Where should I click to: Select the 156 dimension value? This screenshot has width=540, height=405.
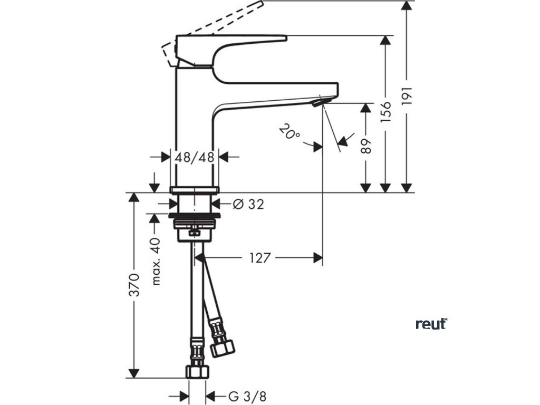coord(387,112)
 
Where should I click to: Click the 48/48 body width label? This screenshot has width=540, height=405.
coord(195,157)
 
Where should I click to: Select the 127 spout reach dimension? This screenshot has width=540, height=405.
coord(260,258)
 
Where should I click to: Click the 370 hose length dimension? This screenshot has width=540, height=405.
coord(134,285)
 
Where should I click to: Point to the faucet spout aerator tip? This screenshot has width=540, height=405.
coord(320,102)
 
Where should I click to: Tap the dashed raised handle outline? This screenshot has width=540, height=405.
coord(216,21)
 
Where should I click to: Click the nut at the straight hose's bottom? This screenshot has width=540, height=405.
coord(196,370)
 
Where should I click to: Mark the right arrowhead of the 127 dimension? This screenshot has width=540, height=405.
coord(317,258)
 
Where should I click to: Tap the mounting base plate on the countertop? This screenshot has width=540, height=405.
coord(194,189)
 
